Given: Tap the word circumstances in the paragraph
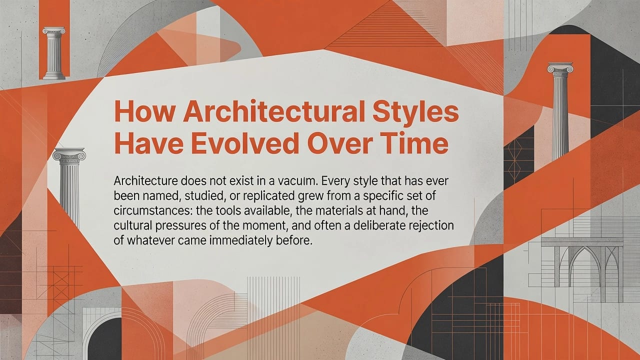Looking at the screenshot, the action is pos(149,211).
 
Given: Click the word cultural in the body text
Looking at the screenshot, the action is pos(132,226).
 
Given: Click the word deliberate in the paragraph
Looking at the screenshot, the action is pos(379,226).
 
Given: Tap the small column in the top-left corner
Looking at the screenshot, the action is pos(54,53).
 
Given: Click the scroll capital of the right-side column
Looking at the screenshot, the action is pos(560,68).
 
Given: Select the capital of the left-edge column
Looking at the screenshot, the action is pos(69,155).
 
